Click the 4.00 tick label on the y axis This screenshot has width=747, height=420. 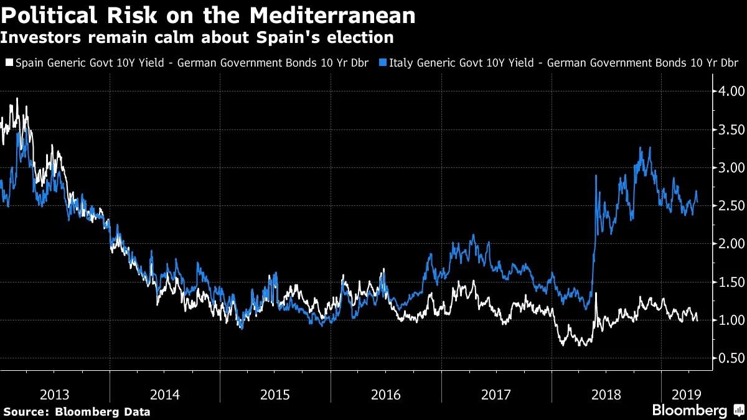click(x=728, y=91)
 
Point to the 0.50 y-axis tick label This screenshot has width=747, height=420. click(x=728, y=358)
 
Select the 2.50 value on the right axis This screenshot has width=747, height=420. click(x=728, y=205)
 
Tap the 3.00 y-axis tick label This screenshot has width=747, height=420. click(x=728, y=167)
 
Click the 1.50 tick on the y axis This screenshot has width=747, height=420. click(x=728, y=282)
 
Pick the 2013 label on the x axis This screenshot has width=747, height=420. click(x=55, y=394)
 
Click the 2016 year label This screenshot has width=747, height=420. click(x=386, y=394)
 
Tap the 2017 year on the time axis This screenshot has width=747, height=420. click(x=496, y=394)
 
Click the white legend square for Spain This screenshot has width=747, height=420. click(x=9, y=63)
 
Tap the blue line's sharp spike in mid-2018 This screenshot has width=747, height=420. click(x=596, y=176)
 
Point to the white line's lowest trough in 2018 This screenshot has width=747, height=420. click(x=581, y=345)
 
